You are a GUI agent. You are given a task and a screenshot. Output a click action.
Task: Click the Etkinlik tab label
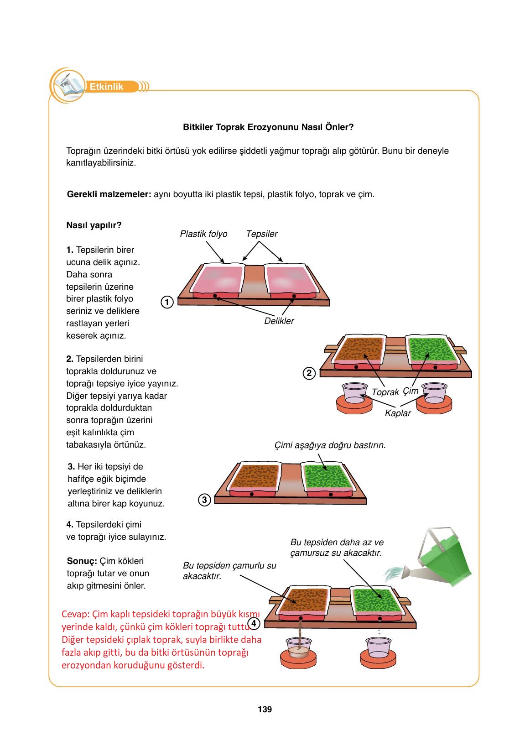tap(107, 87)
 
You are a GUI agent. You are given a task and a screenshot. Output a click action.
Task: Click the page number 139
tap(265, 710)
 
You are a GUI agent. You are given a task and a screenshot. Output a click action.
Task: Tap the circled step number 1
tap(167, 302)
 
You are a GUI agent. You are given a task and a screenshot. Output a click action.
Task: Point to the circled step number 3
tap(204, 500)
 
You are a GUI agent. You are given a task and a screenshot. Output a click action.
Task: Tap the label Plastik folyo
tap(203, 234)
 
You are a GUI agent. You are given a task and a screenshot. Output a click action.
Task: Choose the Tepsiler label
tap(261, 234)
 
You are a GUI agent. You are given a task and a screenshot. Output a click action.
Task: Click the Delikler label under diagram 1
tap(279, 321)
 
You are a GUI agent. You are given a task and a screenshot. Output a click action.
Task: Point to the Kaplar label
tap(397, 413)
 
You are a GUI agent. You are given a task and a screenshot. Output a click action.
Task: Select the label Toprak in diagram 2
tap(385, 392)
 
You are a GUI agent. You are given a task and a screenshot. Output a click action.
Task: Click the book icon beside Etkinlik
tap(68, 85)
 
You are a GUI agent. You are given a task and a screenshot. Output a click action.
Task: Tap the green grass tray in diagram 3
tap(327, 477)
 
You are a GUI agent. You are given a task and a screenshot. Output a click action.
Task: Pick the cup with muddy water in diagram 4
tap(299, 647)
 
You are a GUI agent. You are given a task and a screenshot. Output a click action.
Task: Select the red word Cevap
tap(76, 614)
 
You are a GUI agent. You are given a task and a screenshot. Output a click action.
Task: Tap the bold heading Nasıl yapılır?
tap(94, 225)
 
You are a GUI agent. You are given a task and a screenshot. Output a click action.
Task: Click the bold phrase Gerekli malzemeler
tap(109, 194)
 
